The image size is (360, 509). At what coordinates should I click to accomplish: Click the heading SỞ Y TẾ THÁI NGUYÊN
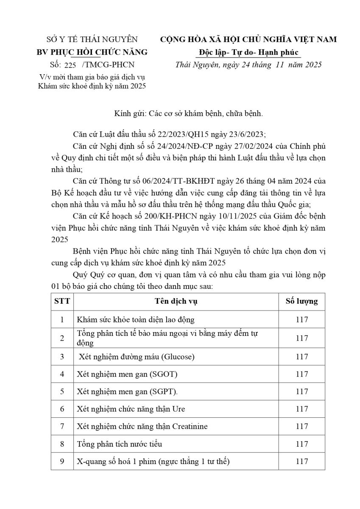click(x=92, y=39)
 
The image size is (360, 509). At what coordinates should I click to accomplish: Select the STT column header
click(x=62, y=302)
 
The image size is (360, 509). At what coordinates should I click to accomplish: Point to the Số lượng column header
click(x=301, y=302)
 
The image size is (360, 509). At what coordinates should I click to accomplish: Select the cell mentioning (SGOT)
click(x=127, y=374)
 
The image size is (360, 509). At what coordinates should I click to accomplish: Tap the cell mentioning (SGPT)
click(x=127, y=392)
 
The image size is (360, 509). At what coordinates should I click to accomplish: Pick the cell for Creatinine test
click(x=142, y=426)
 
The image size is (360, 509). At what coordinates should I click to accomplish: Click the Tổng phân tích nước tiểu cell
click(x=120, y=444)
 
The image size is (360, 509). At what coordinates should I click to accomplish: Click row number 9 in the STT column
click(x=62, y=461)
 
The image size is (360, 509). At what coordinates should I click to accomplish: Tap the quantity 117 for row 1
click(x=301, y=319)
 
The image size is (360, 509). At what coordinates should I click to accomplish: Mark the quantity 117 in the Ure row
click(x=301, y=409)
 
